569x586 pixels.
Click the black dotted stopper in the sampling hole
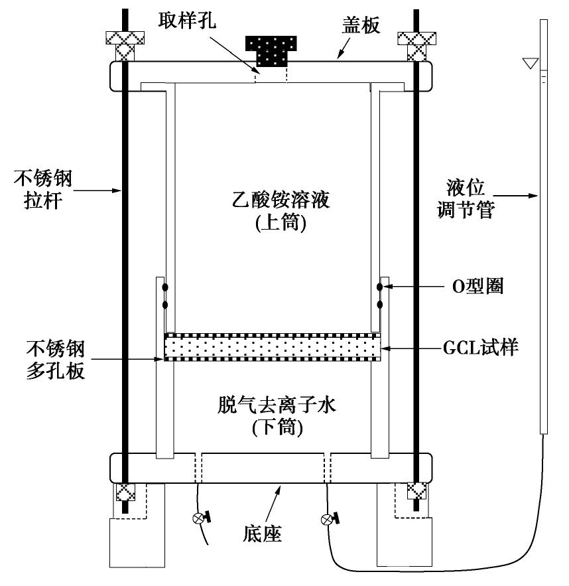point(271,51)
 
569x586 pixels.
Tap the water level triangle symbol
point(529,64)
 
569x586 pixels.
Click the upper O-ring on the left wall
point(165,287)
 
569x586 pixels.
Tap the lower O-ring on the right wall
point(380,305)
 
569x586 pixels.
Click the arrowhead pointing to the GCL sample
point(387,346)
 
